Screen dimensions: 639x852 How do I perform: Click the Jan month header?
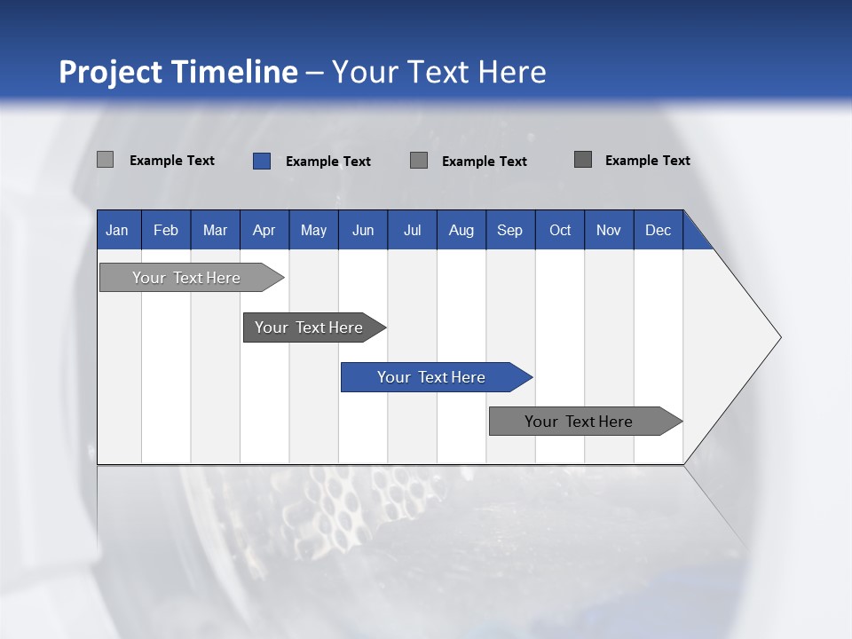[x=117, y=231]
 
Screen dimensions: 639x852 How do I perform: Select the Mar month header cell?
[x=215, y=231]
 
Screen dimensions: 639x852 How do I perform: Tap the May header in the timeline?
[x=313, y=231]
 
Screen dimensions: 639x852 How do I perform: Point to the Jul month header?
[x=412, y=231]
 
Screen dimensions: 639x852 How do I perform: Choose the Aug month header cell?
[x=461, y=231]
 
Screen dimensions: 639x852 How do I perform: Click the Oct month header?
[x=560, y=231]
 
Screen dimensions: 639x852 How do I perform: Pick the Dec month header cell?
[x=658, y=231]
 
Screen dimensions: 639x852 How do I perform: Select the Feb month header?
[x=166, y=231]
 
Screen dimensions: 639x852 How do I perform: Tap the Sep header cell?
[x=509, y=231]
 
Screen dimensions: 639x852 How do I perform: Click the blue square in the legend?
[x=261, y=161]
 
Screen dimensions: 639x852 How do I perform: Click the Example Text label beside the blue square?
[x=327, y=162]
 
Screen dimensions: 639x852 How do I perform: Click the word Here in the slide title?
[x=511, y=72]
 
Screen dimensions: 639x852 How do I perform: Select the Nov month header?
[x=609, y=231]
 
